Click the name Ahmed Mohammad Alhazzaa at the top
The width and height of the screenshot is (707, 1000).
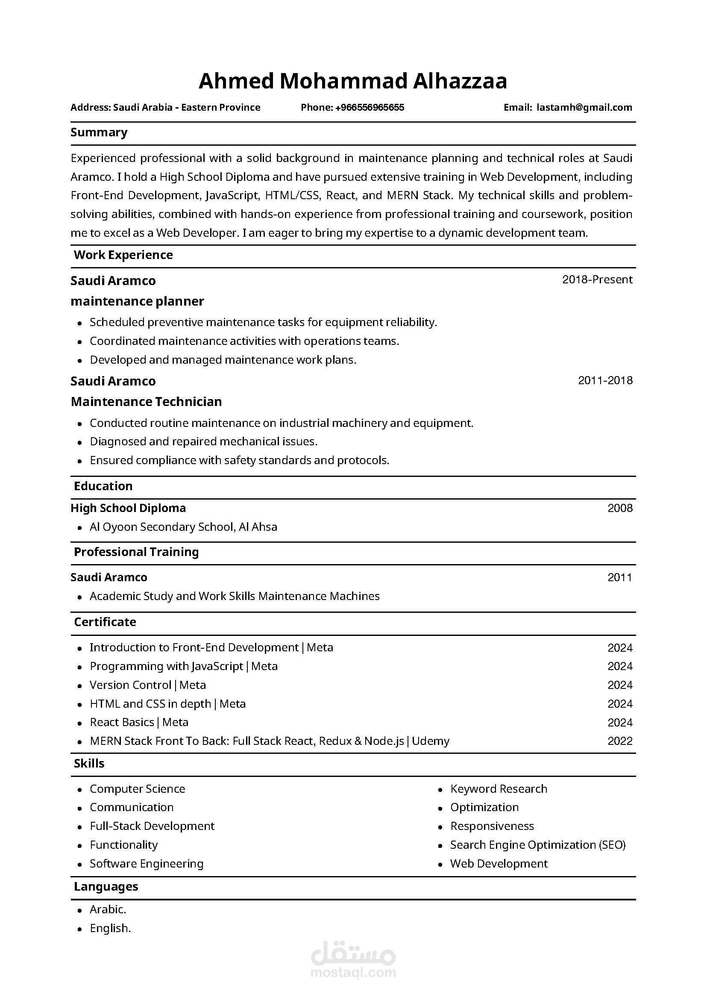tap(352, 82)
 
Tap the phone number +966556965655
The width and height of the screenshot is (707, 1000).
tap(369, 108)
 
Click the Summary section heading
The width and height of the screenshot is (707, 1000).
tap(99, 132)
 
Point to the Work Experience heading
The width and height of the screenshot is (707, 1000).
tap(123, 255)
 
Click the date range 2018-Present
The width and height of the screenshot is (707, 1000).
tap(597, 279)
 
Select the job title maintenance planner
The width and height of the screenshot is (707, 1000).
tap(137, 301)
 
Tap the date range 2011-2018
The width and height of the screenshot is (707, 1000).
tap(605, 381)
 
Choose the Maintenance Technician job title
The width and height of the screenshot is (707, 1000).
tap(146, 402)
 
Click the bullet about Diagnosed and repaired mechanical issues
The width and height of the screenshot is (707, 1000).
tap(203, 441)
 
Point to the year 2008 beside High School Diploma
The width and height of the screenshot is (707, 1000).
tap(619, 508)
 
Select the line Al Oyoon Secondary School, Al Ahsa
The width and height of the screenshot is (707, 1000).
tap(183, 527)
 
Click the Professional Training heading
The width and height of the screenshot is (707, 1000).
tap(136, 552)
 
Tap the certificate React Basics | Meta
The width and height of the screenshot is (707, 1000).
tap(139, 722)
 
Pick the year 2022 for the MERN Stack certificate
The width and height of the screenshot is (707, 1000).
tap(619, 741)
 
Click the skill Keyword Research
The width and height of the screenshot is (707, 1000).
tap(499, 789)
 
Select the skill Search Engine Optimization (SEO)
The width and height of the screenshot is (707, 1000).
tap(538, 845)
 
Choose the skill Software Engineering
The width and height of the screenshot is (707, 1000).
tap(146, 864)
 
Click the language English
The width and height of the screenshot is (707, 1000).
tap(110, 928)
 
